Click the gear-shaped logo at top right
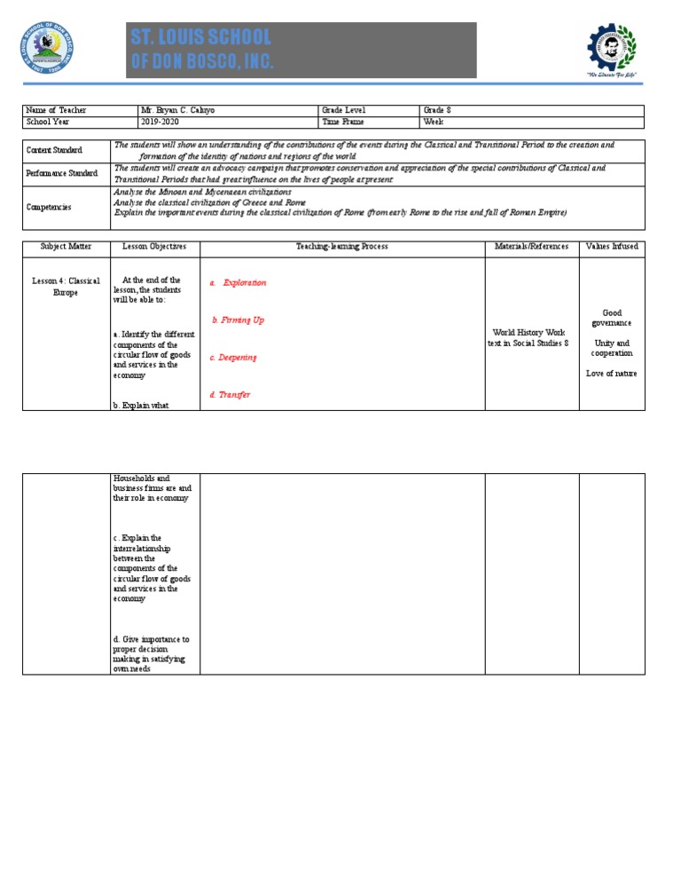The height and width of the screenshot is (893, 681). pos(612,51)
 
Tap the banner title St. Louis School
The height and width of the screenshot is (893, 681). pos(201,37)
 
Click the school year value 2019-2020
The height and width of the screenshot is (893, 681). pos(160,122)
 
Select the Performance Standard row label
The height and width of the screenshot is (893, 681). pos(60,173)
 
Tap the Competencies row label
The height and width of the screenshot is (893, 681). pos(48,207)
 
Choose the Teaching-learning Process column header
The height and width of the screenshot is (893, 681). pos(341,246)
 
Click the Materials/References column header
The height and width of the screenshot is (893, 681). pos(531,246)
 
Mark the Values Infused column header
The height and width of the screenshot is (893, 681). pos(612,246)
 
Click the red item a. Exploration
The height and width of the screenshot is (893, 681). pos(238,282)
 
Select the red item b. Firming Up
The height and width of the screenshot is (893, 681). pos(238,320)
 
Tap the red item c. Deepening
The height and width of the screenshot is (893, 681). pos(233,357)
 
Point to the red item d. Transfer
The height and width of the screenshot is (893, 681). pos(230,394)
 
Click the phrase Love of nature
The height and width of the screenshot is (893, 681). pos(611,373)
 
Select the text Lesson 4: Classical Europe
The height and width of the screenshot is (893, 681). pos(66,286)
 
